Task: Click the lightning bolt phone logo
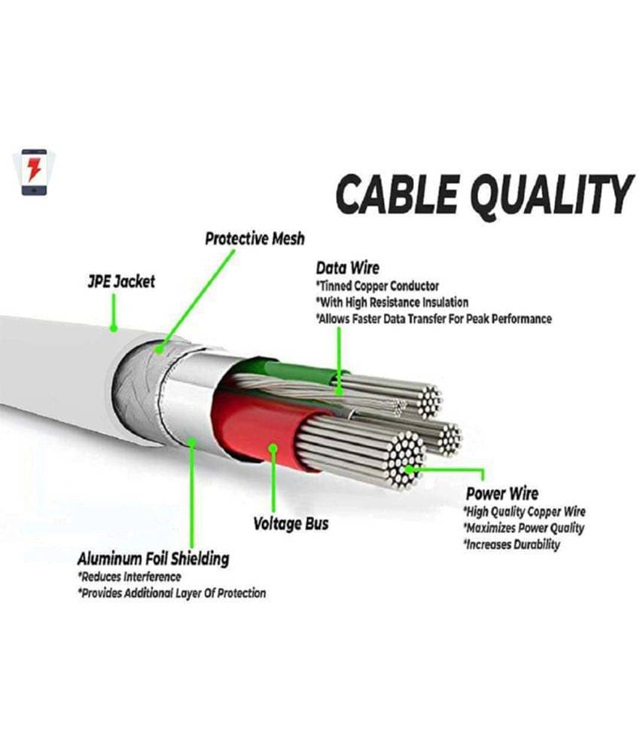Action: (32, 173)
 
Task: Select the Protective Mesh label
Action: (254, 239)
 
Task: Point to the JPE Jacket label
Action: (120, 281)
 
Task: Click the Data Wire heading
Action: (347, 268)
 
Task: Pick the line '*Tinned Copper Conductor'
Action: (377, 286)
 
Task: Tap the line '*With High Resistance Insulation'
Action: (392, 302)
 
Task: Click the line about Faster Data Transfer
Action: (434, 319)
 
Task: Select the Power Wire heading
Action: (502, 494)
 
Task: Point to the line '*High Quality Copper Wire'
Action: (524, 512)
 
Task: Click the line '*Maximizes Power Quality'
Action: (523, 528)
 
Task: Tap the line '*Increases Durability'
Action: (511, 544)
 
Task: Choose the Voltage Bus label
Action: (291, 523)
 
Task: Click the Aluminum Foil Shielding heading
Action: (154, 559)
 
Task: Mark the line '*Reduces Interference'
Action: (129, 577)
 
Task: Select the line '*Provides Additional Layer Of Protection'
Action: (172, 593)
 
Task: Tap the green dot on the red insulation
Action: (273, 449)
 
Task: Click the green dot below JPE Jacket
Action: (113, 328)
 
